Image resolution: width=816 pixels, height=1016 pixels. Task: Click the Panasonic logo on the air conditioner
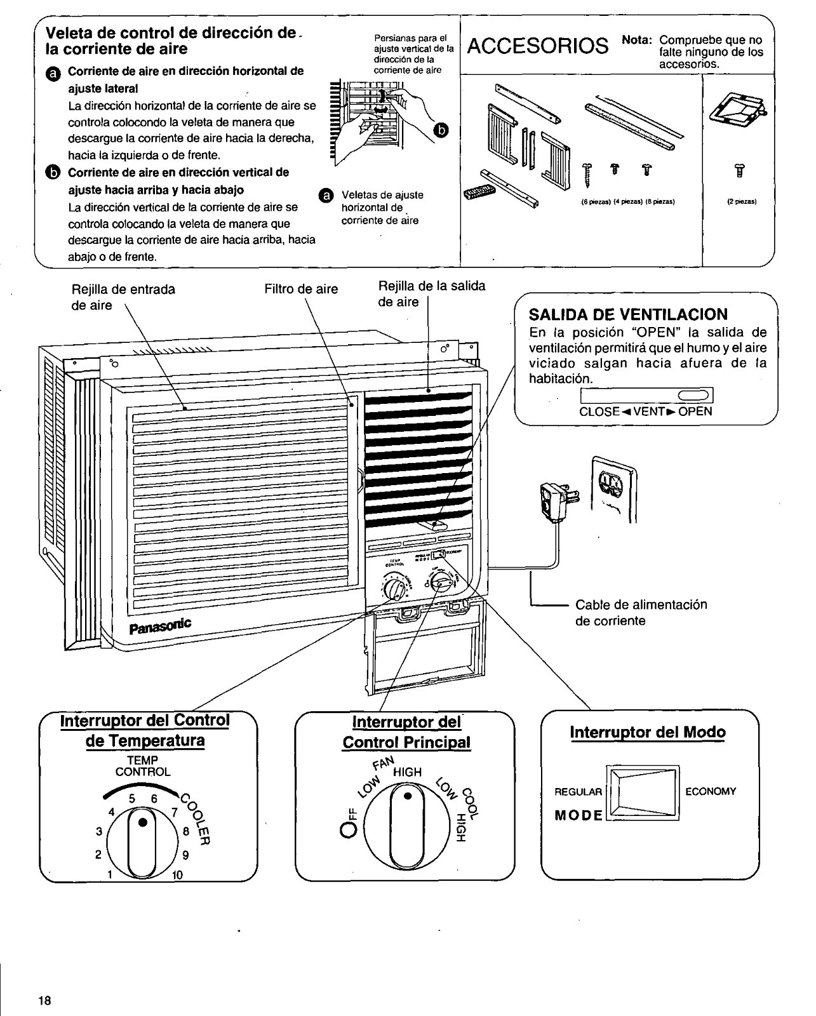click(160, 626)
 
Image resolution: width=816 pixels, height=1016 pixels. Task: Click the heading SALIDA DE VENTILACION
click(629, 314)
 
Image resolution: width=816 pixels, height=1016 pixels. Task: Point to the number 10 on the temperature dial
click(177, 875)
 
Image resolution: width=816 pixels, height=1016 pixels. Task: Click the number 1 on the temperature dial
click(110, 874)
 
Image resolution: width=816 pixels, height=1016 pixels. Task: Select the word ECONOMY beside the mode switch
click(711, 791)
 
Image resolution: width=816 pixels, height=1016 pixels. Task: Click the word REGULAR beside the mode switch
click(578, 792)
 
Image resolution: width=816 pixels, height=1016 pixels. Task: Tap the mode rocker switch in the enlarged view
click(643, 793)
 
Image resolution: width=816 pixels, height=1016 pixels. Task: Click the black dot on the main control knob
click(408, 796)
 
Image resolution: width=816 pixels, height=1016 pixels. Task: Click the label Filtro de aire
click(301, 290)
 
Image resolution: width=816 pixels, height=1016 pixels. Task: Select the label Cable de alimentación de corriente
click(641, 613)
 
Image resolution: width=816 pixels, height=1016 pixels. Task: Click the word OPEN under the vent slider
click(695, 411)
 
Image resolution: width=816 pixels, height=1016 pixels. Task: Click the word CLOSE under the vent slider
click(599, 411)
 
